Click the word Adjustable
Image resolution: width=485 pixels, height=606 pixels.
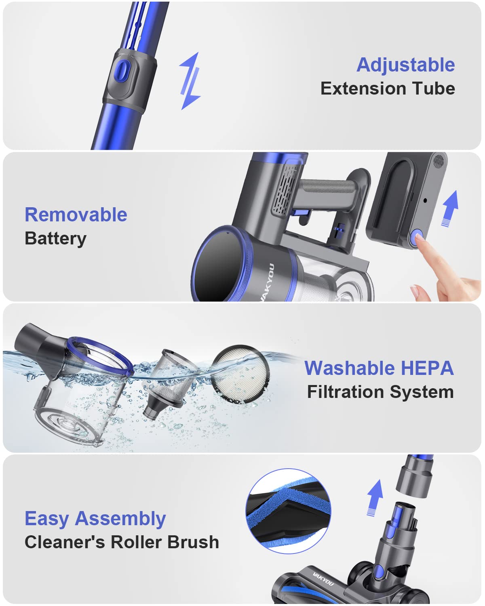point(405,65)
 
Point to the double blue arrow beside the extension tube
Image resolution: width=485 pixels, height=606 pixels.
point(190,81)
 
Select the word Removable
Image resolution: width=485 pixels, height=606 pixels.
point(76,215)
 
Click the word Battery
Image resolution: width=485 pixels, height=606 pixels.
point(55,238)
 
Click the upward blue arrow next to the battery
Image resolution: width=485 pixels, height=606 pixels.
point(449,208)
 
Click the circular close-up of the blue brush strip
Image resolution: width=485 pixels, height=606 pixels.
point(288,511)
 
